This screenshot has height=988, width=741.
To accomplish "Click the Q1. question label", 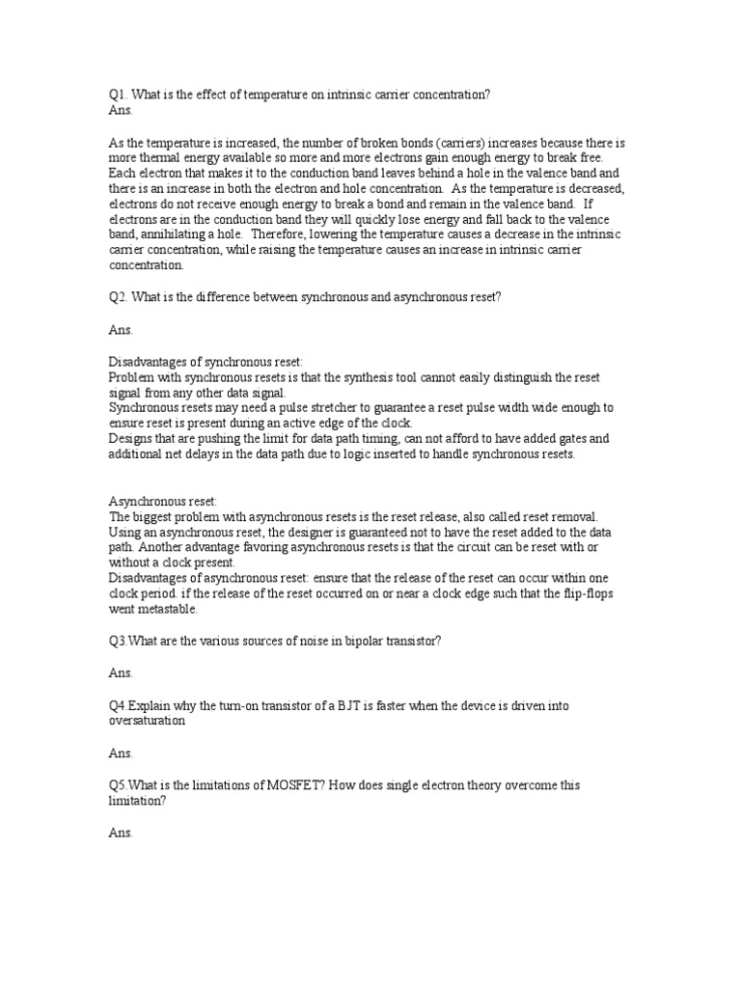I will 117,95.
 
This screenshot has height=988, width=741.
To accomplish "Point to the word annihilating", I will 175,234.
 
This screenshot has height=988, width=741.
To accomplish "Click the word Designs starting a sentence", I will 129,439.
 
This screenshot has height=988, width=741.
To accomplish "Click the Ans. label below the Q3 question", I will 121,673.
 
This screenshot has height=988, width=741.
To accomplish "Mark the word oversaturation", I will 148,721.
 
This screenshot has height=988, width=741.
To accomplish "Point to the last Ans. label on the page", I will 121,832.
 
